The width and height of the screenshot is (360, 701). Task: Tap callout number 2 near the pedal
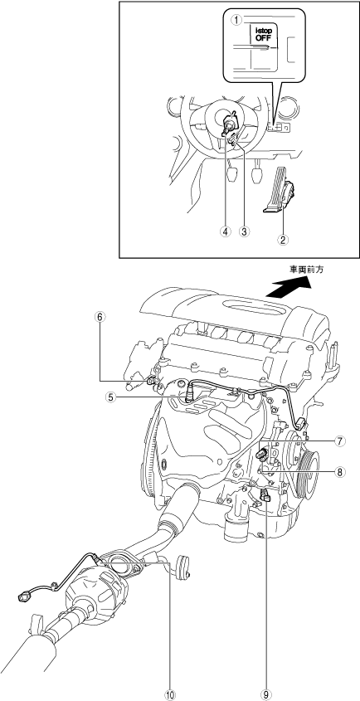tap(282, 239)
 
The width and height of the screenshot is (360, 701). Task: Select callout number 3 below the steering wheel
tap(244, 231)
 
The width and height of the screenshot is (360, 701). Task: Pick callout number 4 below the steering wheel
tap(226, 231)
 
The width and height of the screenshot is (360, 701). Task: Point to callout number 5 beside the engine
tap(111, 396)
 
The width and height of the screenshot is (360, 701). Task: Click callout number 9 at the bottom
tap(266, 694)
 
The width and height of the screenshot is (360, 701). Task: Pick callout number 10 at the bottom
tap(170, 694)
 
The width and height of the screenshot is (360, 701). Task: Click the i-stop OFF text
tap(264, 34)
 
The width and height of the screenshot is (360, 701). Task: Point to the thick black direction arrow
tap(288, 286)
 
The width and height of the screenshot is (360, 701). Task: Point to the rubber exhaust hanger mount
tap(183, 566)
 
